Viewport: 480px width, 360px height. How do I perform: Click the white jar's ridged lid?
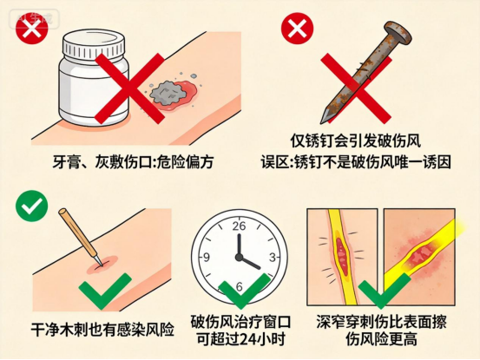pyautogui.click(x=94, y=43)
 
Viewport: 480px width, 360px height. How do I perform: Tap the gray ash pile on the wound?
pyautogui.click(x=168, y=93)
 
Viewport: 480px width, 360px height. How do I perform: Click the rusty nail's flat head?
pyautogui.click(x=398, y=33)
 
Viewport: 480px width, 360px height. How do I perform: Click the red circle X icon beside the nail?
pyautogui.click(x=297, y=28)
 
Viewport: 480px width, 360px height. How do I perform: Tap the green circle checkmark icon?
pyautogui.click(x=32, y=206)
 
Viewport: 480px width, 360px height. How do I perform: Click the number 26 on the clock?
pyautogui.click(x=239, y=226)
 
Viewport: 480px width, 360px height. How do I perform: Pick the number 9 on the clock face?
pyautogui.click(x=207, y=257)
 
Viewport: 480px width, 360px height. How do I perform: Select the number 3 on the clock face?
pyautogui.click(x=273, y=257)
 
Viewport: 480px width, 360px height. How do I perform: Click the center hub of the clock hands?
pyautogui.click(x=239, y=257)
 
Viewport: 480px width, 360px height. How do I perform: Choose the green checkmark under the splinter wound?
pyautogui.click(x=105, y=290)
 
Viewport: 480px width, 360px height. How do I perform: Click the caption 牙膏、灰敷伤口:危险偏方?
pyautogui.click(x=133, y=162)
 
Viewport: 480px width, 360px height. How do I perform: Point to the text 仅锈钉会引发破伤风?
pyautogui.click(x=356, y=141)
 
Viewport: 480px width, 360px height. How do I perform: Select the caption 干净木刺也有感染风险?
pyautogui.click(x=102, y=329)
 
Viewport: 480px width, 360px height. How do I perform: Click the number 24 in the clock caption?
pyautogui.click(x=248, y=339)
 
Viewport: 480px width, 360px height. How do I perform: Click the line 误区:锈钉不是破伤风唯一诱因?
pyautogui.click(x=356, y=162)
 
